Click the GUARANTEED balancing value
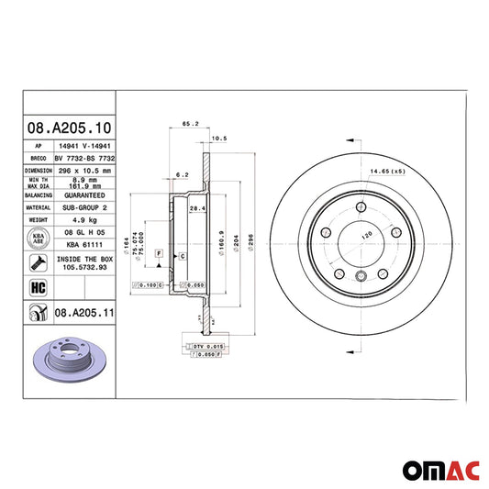83,195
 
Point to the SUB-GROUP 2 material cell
83,208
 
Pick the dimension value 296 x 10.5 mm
83,170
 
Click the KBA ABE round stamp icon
38,239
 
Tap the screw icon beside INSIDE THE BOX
38,264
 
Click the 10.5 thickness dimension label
219,139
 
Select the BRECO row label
38,158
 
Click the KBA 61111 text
83,246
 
